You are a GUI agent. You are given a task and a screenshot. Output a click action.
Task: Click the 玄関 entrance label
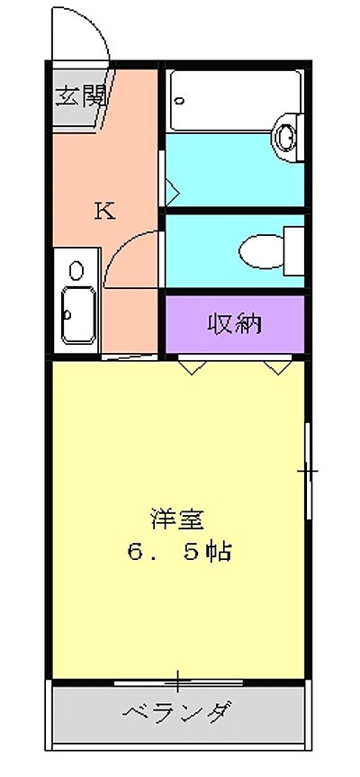(79, 96)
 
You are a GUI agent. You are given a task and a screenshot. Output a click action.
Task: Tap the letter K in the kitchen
(105, 212)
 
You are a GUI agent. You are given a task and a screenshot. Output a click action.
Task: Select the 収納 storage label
(235, 323)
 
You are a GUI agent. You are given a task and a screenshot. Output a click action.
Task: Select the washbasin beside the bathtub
(286, 136)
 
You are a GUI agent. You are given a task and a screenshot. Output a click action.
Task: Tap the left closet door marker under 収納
(191, 366)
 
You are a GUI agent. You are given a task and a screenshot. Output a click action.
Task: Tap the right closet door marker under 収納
(277, 366)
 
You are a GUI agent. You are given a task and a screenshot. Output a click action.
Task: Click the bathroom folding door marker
(171, 192)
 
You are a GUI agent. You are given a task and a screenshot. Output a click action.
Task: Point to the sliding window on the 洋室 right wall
(308, 470)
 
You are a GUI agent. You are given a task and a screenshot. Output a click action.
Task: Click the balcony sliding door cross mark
(179, 681)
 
